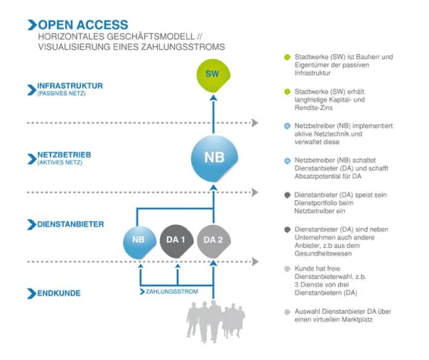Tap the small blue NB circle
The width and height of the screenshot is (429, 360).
[x=139, y=241]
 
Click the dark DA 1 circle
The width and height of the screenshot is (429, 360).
[x=176, y=241]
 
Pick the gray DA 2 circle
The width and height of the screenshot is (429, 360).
[x=213, y=241]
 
